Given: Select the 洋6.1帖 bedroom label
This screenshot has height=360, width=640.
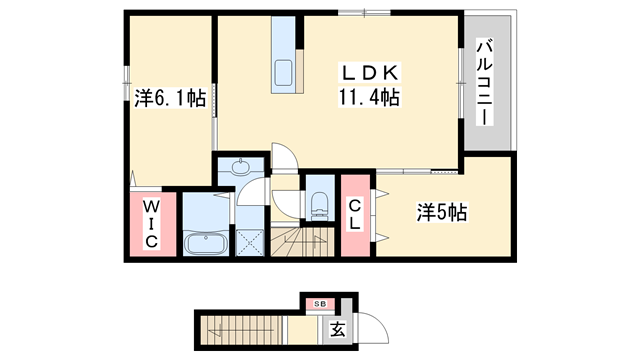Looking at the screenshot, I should (171, 97).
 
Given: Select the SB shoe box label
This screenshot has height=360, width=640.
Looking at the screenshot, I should (321, 302).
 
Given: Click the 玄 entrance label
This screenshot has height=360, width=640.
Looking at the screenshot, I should (338, 327).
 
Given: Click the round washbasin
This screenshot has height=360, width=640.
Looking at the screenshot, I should (242, 167).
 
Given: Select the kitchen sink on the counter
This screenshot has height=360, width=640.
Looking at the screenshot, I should (283, 71).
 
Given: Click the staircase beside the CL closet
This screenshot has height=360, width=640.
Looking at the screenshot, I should (309, 242).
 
